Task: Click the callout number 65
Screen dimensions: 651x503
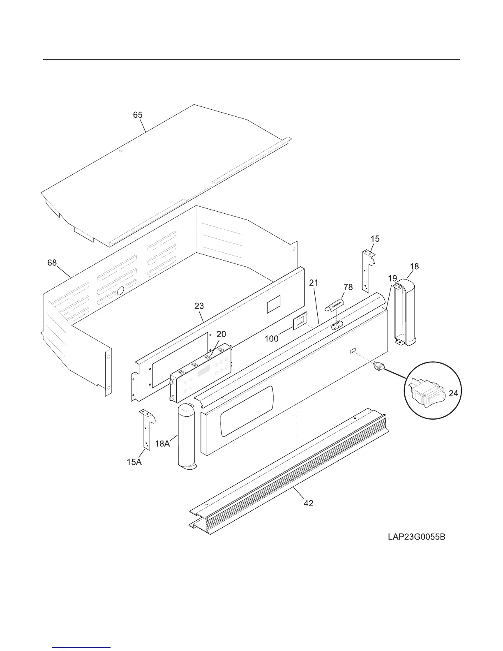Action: coord(138,115)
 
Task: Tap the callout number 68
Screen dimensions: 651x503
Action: coord(52,263)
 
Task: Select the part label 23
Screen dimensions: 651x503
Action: coord(199,306)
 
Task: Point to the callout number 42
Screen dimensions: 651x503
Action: coord(308,503)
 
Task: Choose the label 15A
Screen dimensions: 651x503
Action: coord(134,462)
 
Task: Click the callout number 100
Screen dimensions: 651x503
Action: coord(271,339)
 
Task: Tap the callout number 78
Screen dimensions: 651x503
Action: coord(348,287)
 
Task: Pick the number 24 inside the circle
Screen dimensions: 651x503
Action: coord(453,393)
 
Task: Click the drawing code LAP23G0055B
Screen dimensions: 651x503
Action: coord(416,537)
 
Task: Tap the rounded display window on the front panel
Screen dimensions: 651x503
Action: coord(247,411)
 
